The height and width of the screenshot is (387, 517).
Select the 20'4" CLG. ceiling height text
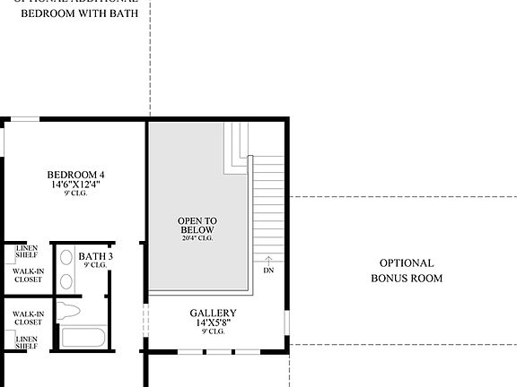[197, 238]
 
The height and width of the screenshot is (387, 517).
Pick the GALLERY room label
[213, 314]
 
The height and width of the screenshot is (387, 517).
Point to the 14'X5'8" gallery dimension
[213, 323]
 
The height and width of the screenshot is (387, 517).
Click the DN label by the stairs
[268, 270]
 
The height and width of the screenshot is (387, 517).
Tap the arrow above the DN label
[268, 259]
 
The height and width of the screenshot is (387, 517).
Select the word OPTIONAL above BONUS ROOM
[406, 263]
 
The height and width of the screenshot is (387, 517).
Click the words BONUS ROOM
[406, 279]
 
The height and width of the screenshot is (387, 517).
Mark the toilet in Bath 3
[68, 312]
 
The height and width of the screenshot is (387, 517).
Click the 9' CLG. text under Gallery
[213, 332]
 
